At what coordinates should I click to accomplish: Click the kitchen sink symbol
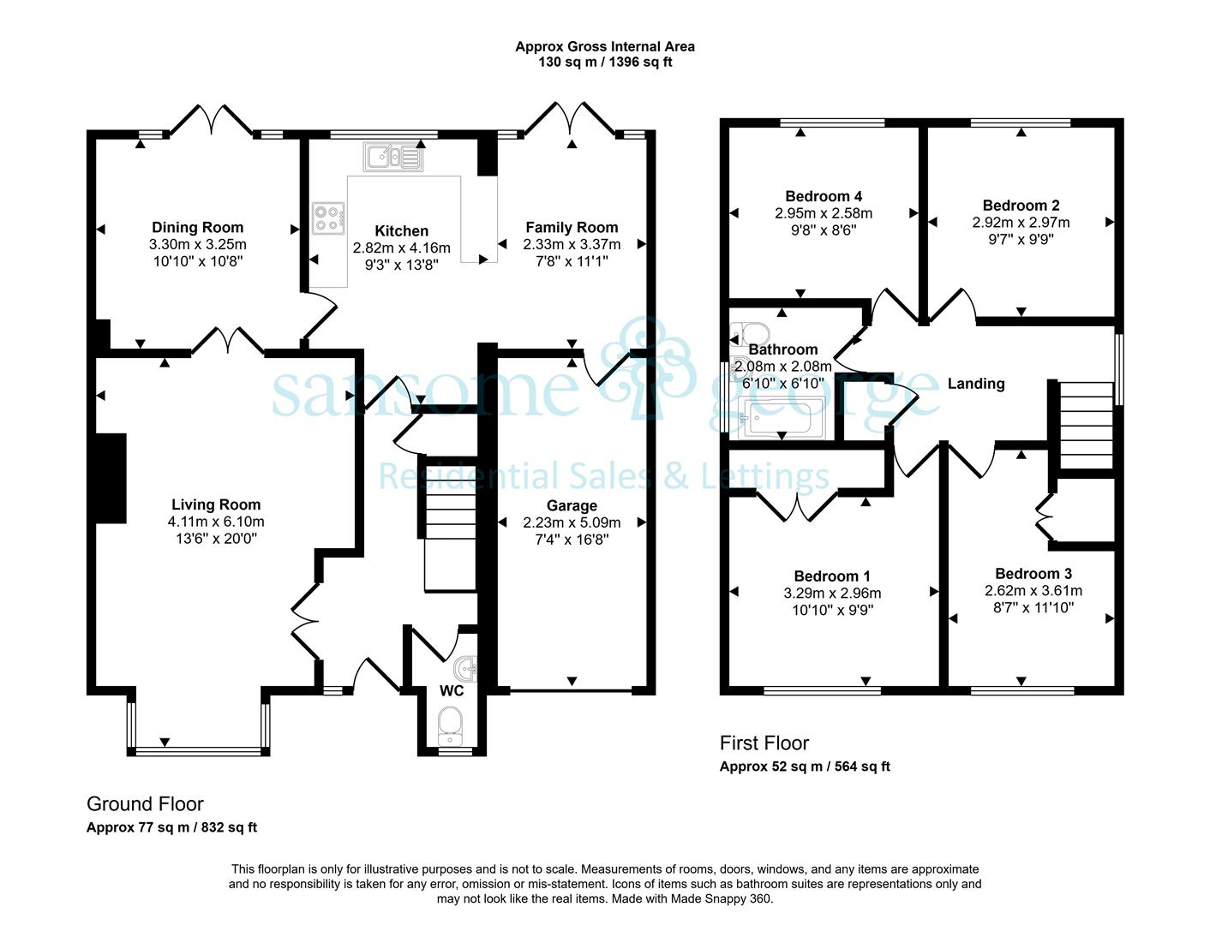[x=393, y=157]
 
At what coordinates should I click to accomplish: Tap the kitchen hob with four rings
[x=329, y=218]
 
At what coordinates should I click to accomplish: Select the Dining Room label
[x=197, y=228]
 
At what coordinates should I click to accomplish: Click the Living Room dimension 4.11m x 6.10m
[x=216, y=522]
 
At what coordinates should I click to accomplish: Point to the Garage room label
[x=572, y=505]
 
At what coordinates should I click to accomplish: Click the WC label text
[x=452, y=690]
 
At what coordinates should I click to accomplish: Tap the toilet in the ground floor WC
[x=451, y=725]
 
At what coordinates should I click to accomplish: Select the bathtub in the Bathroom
[x=784, y=418]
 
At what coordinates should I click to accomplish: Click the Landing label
[x=976, y=384]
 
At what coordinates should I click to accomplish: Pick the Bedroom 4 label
[x=824, y=196]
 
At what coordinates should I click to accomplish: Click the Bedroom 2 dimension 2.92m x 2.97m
[x=1021, y=223]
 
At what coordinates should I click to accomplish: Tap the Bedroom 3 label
[x=1033, y=574]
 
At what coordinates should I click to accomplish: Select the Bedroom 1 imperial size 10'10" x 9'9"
[x=832, y=611]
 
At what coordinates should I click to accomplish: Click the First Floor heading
[x=764, y=743]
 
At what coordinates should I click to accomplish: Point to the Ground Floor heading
[x=145, y=804]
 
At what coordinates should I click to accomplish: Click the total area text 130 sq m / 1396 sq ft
[x=605, y=62]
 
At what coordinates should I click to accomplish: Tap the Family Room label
[x=572, y=228]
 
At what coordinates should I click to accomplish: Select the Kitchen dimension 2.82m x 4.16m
[x=401, y=248]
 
